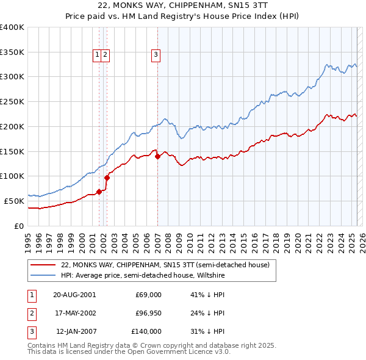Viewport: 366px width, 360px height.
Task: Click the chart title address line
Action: (x=183, y=5)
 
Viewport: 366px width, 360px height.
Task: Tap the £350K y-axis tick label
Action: (x=12, y=52)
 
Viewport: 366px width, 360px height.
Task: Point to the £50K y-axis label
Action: (x=14, y=201)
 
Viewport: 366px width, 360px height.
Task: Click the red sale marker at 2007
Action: (x=157, y=156)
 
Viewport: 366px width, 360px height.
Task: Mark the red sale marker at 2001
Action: (x=99, y=192)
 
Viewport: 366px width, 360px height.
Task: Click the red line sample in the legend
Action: (x=43, y=265)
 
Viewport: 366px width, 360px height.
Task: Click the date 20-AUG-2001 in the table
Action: (x=74, y=295)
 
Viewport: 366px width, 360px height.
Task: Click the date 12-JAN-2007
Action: (x=74, y=331)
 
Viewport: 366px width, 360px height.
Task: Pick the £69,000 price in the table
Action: (x=148, y=295)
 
